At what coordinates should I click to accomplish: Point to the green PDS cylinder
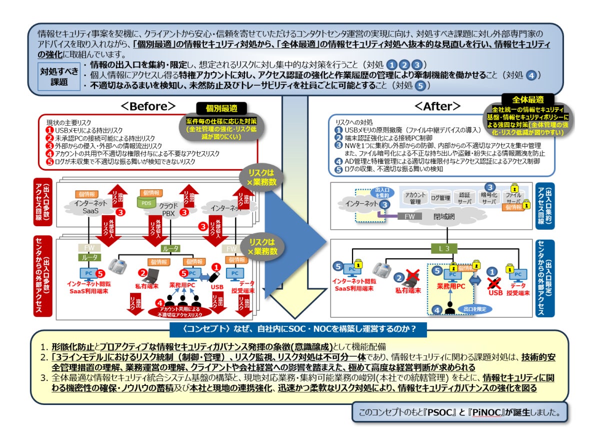click(x=146, y=203)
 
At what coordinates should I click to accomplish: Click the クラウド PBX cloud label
click(x=169, y=210)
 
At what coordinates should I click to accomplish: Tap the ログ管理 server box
click(x=440, y=198)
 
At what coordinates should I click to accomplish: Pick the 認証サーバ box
click(x=465, y=198)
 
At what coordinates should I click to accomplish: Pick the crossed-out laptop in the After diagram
click(x=411, y=277)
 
